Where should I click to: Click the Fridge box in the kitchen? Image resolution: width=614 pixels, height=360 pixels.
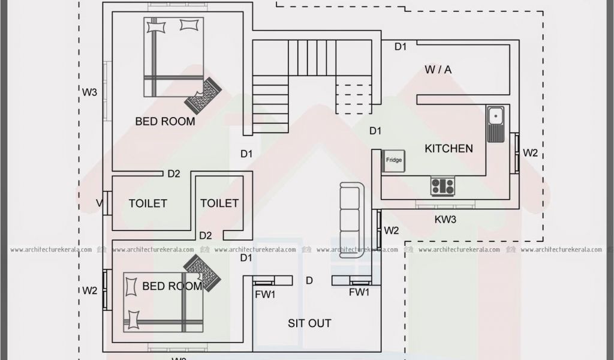(394, 160)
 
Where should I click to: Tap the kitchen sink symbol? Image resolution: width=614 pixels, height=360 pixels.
(496, 124)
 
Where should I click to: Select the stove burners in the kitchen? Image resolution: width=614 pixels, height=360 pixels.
(443, 186)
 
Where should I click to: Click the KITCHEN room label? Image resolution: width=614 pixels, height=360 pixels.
(449, 148)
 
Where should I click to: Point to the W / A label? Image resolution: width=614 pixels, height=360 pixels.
(438, 70)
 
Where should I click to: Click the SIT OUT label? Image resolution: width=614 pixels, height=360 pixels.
(309, 323)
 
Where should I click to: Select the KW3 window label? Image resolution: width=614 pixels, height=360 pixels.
(446, 220)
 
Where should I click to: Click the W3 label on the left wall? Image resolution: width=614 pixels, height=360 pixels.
(89, 92)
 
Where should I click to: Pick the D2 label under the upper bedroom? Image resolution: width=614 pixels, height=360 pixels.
(174, 175)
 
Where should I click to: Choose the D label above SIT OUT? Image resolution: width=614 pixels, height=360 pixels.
(309, 280)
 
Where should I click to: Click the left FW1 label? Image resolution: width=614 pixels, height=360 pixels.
(264, 294)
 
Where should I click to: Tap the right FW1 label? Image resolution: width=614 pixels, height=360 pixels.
(359, 292)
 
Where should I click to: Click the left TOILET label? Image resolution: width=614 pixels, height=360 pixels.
(148, 203)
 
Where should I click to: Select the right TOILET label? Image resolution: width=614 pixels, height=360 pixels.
(219, 203)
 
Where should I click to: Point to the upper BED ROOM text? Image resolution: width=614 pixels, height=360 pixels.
(165, 121)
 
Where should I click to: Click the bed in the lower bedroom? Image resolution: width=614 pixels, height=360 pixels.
(163, 301)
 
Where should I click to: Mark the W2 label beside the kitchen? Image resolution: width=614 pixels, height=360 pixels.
(530, 153)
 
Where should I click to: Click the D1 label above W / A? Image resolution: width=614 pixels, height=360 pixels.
(400, 46)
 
